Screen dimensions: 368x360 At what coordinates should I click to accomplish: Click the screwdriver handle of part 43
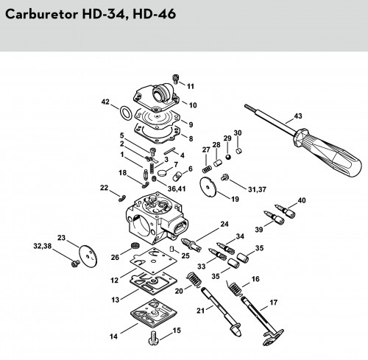pos(329,152)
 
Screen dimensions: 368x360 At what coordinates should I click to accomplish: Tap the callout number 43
pos(298,116)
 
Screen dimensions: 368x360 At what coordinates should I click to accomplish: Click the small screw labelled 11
pos(175,78)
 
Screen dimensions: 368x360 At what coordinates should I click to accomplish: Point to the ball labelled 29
pos(228,157)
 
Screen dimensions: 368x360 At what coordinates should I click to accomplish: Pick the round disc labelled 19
pos(208,187)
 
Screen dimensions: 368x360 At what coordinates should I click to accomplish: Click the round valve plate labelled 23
pos(88,256)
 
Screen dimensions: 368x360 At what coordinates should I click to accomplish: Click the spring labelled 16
pos(235,289)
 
